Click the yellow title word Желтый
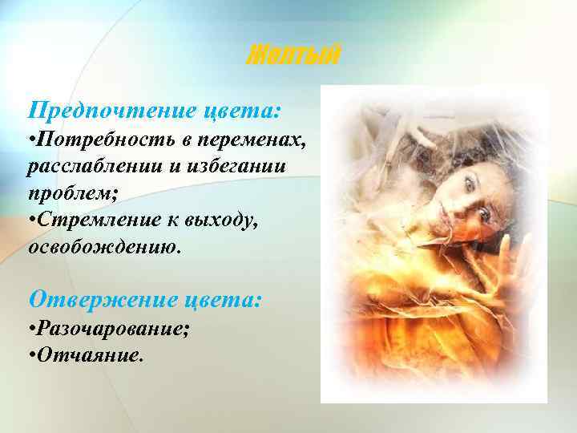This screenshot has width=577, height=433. [x=293, y=55]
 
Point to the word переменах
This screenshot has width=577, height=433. [x=258, y=142]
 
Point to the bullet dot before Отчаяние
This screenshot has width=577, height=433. [x=31, y=354]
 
